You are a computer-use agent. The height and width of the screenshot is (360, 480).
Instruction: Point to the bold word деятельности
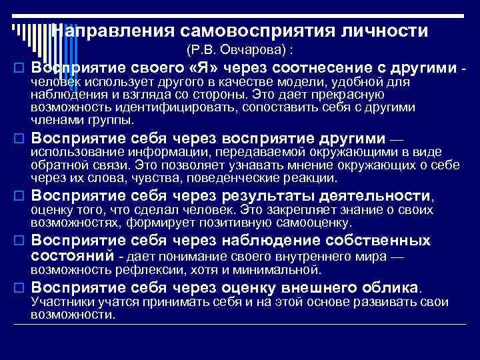(x=376, y=196)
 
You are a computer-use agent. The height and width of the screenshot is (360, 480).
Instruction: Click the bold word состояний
(x=73, y=257)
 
